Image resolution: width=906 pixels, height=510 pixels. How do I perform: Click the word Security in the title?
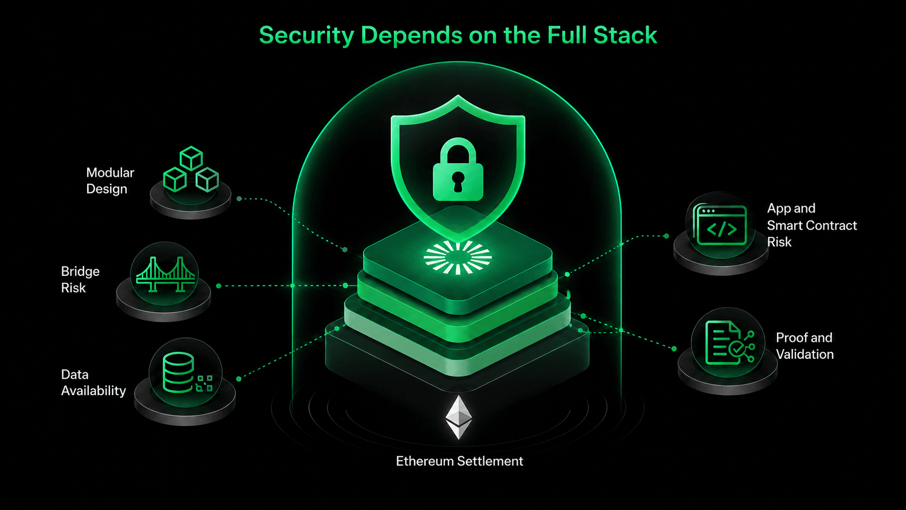click(307, 36)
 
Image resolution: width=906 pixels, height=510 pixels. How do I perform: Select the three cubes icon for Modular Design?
click(191, 169)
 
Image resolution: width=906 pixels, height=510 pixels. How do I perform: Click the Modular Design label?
click(110, 181)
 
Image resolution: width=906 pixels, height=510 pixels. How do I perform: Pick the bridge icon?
click(165, 274)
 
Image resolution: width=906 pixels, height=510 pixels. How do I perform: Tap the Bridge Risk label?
click(80, 280)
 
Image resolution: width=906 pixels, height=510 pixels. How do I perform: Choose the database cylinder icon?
click(178, 372)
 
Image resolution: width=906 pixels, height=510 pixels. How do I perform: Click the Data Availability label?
click(93, 383)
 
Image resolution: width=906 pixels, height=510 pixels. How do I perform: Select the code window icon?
click(720, 225)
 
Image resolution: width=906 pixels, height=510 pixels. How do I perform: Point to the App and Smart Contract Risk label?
click(812, 225)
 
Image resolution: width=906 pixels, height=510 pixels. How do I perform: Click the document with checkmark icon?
click(729, 343)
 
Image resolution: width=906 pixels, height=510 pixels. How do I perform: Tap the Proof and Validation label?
click(805, 346)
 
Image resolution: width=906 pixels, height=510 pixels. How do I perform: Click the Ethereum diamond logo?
click(458, 417)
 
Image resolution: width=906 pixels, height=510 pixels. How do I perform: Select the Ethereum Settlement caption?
click(459, 461)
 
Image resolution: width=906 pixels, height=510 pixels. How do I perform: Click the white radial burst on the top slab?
click(457, 257)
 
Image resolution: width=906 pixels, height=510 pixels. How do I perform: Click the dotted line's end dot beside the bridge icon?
click(219, 286)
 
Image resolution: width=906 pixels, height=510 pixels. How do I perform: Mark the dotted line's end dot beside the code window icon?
click(666, 236)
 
